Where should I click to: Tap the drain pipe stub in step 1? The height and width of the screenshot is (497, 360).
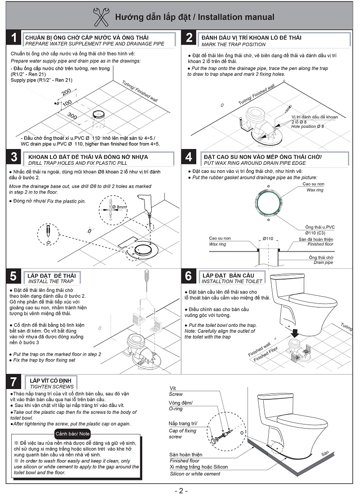click(99, 115)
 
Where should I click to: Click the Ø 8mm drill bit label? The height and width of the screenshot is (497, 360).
click(120, 207)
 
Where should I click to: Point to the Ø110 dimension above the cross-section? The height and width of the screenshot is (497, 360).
click(268, 238)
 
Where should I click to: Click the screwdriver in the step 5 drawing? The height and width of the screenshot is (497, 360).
click(146, 280)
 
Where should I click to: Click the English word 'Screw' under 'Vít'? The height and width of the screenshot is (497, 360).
click(175, 394)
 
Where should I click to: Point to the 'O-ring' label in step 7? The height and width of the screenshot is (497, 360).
click(176, 408)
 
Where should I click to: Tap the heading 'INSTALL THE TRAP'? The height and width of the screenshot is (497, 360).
click(51, 281)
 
